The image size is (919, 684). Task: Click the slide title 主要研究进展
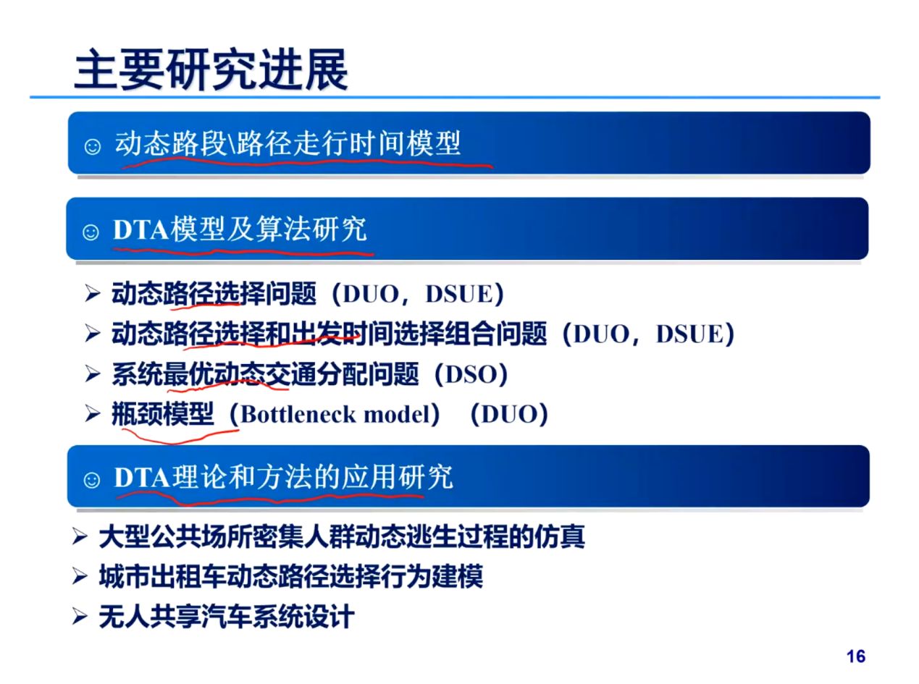click(x=211, y=69)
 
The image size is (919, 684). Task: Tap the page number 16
click(x=855, y=656)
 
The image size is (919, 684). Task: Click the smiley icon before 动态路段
click(x=92, y=146)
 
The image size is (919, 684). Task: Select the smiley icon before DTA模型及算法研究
click(x=91, y=232)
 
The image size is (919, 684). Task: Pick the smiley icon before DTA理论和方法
click(x=91, y=480)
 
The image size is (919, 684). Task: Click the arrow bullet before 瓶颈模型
click(x=93, y=414)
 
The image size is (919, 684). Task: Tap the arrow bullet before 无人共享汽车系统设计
click(x=80, y=617)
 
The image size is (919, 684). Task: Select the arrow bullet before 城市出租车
click(x=80, y=576)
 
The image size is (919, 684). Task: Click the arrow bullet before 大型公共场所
click(x=80, y=536)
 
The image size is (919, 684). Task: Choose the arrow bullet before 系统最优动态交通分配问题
click(x=93, y=374)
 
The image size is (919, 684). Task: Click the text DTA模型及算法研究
click(x=240, y=229)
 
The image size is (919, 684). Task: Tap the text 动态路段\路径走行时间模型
click(x=288, y=143)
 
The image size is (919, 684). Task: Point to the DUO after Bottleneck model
click(x=509, y=414)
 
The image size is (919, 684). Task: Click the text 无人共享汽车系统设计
click(x=227, y=617)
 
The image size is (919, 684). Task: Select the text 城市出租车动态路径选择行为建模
click(x=291, y=576)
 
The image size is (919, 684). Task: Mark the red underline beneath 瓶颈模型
click(x=180, y=436)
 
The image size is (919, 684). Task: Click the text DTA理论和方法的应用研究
click(x=283, y=477)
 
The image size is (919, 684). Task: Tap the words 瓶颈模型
click(x=163, y=414)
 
